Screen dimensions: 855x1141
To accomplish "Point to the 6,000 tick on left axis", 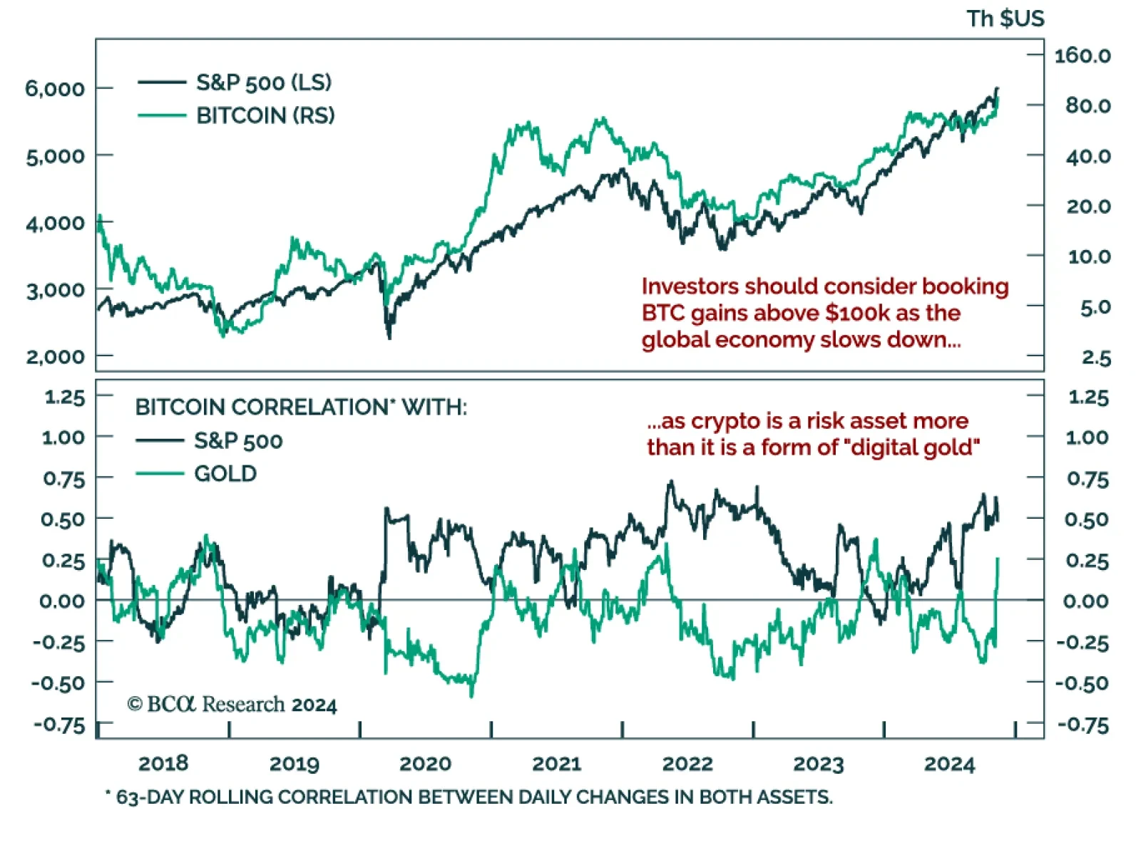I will (x=55, y=88).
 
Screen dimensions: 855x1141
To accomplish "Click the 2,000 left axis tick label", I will (x=55, y=356).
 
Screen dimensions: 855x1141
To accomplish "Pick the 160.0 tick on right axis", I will (x=1082, y=56).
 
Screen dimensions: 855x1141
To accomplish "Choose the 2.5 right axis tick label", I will (x=1096, y=357).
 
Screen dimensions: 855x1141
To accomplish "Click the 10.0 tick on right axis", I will (x=1089, y=256).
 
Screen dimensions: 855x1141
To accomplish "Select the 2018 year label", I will (x=163, y=764).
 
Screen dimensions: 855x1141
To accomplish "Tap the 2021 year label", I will (x=556, y=764).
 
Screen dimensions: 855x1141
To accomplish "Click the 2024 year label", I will (x=949, y=764).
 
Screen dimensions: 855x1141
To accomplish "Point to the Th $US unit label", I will (x=1005, y=19).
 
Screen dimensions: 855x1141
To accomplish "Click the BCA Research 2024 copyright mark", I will (x=232, y=705).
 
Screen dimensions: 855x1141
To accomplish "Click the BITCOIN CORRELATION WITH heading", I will (x=301, y=408).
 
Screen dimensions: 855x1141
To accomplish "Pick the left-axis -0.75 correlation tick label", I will (x=59, y=725).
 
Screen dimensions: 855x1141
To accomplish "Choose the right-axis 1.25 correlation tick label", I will (x=1088, y=397).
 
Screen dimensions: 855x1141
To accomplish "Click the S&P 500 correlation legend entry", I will (x=238, y=441).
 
